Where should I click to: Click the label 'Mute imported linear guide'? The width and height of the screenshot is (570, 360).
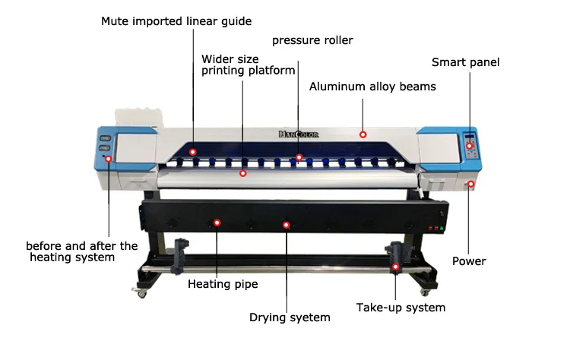pos(176,21)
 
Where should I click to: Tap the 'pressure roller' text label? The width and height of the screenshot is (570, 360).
pos(312,40)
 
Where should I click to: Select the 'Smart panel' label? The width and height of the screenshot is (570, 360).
pos(465,62)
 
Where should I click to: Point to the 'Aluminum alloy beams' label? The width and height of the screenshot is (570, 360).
pos(372,87)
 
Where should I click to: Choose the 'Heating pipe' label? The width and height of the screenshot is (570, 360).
pos(223,284)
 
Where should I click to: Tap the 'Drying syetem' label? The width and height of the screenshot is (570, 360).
pos(290,317)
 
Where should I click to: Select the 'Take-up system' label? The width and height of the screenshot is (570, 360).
pos(401,308)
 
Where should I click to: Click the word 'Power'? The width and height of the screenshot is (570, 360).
pos(469,261)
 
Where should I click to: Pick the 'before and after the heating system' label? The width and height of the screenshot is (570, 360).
pos(82,251)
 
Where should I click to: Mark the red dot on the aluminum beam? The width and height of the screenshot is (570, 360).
pos(363,134)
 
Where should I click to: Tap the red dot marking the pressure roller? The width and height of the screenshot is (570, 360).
pos(299,157)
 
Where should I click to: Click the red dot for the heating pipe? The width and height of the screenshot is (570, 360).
pos(217,223)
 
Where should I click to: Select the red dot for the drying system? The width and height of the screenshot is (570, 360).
pos(287,225)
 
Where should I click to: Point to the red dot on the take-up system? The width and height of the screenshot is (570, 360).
pos(395,266)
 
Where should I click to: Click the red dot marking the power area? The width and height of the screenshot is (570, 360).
pos(471,184)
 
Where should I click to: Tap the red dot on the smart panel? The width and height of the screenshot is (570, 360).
pos(470,146)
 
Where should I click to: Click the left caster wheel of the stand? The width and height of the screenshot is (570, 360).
pos(141,294)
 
